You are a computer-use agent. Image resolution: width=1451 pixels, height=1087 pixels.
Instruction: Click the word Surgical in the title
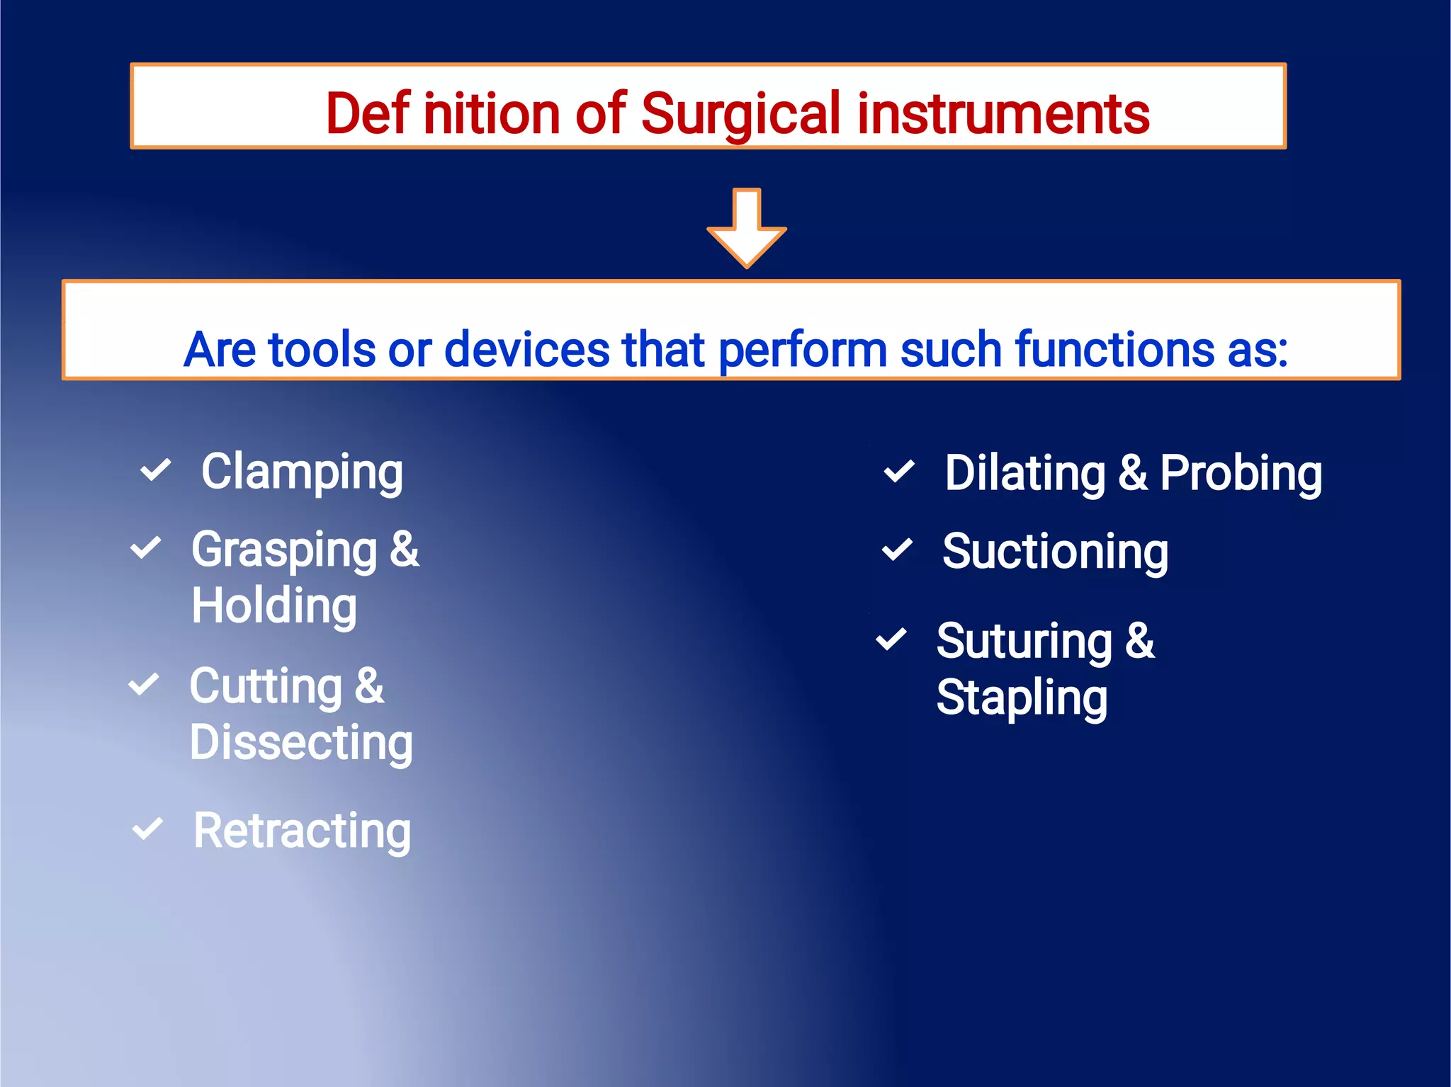[x=740, y=114]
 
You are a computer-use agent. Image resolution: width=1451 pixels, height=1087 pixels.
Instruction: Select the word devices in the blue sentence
[x=526, y=349]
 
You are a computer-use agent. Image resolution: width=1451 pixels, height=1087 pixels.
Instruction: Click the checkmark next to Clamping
[x=155, y=470]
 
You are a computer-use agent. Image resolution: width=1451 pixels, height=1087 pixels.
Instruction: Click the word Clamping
[x=302, y=473]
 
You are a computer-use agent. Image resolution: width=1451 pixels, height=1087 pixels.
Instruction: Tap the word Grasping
[x=284, y=550]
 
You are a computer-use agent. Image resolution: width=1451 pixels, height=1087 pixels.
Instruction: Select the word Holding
[x=274, y=607]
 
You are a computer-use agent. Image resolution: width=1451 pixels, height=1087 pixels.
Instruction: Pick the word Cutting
[x=266, y=687]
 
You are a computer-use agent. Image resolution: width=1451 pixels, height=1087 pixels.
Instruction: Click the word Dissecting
[x=301, y=744]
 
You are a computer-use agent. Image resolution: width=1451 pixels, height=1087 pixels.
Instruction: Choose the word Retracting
[x=302, y=831]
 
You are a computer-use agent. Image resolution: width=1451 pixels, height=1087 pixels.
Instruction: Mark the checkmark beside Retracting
[x=147, y=829]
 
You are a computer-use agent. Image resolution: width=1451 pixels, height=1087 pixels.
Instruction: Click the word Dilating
[x=1024, y=474]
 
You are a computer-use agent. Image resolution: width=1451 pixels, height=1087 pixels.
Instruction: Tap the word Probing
[x=1241, y=474]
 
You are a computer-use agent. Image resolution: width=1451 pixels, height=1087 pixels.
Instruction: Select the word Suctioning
[x=1055, y=552]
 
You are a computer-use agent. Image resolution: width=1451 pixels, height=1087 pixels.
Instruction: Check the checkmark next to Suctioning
[x=897, y=550]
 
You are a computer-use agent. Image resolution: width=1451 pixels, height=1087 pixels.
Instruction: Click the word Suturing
[x=1024, y=642]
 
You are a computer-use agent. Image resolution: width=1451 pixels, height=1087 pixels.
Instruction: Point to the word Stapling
[x=1022, y=698]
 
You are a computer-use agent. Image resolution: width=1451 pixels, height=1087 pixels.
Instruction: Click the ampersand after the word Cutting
[x=369, y=686]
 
